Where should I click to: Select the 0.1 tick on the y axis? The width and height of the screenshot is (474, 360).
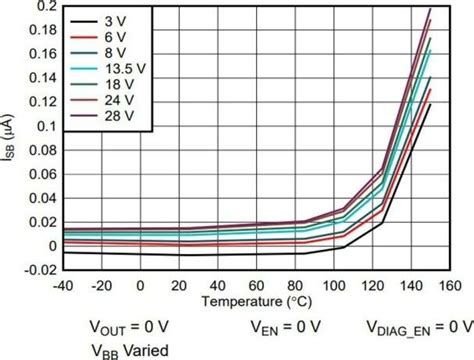(x=45, y=126)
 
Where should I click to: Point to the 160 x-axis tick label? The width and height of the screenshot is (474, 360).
(x=446, y=285)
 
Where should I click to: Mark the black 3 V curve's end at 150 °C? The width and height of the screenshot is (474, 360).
(x=428, y=103)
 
